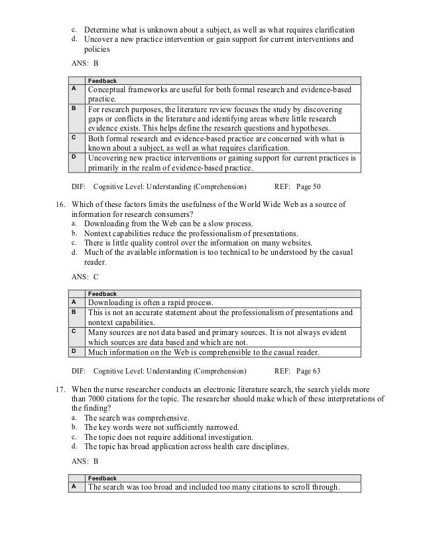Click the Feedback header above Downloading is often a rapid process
click(103, 293)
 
